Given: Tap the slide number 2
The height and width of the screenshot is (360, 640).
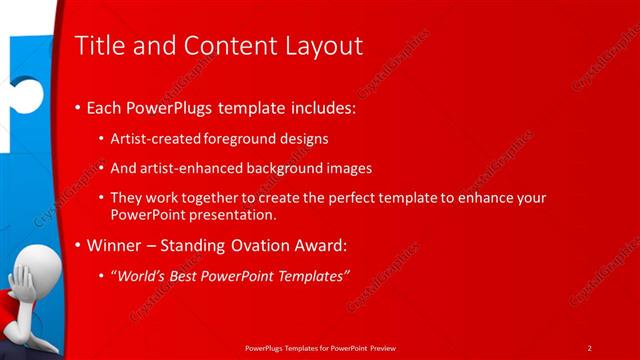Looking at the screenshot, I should coord(589,348).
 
